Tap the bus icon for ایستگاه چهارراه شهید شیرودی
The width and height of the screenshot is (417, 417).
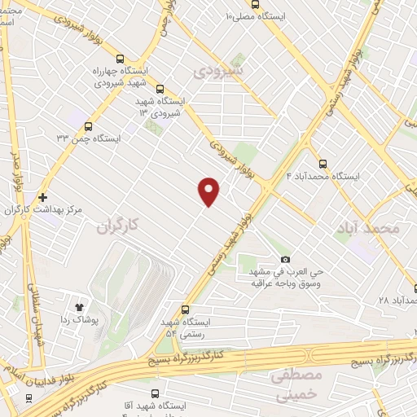click(x=121, y=59)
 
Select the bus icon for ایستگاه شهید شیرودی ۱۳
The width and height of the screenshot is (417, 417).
click(x=160, y=90)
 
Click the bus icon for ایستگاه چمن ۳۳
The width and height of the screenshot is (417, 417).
click(x=88, y=126)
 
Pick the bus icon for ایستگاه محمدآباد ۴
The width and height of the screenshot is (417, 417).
click(x=323, y=163)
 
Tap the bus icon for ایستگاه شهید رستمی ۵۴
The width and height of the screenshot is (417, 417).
click(x=186, y=309)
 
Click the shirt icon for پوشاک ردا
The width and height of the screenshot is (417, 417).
click(x=80, y=307)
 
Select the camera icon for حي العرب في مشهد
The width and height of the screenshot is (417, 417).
click(x=285, y=259)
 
